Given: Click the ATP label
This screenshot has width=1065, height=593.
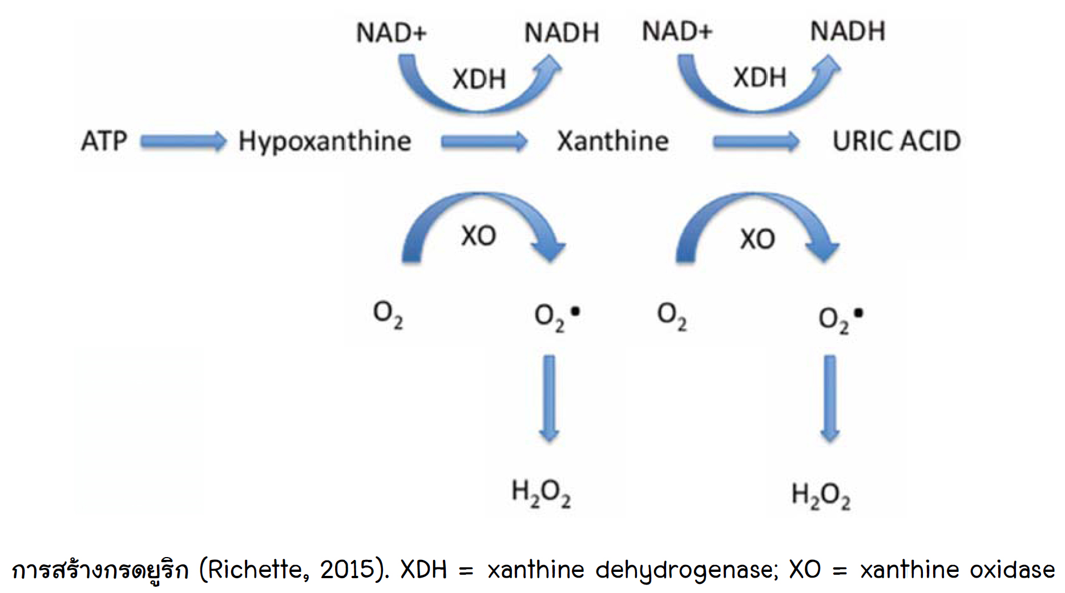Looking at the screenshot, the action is click(104, 141).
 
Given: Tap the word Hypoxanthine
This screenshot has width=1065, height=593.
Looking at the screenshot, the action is click(325, 142).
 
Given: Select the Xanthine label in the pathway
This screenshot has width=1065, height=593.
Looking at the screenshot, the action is click(613, 141).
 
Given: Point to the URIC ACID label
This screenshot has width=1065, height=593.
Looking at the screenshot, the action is click(897, 141).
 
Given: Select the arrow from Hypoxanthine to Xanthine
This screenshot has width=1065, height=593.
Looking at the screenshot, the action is click(485, 141).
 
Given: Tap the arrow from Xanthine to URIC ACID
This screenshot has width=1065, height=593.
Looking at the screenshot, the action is click(756, 141).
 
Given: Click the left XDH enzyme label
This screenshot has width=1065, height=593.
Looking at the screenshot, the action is click(479, 79).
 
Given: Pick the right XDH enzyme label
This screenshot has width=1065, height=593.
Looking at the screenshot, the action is click(760, 77).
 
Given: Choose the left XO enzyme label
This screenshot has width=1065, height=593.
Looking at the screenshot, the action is click(479, 236).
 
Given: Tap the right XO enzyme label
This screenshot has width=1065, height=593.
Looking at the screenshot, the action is click(757, 239).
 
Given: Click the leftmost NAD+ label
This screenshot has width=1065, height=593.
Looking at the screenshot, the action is click(392, 33).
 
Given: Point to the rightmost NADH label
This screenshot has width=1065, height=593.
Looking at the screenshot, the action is click(848, 31).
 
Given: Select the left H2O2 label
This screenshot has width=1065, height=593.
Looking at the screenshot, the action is click(541, 493).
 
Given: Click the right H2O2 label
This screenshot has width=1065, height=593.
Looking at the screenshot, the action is click(821, 495).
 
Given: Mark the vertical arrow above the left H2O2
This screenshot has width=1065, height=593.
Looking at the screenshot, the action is click(549, 399).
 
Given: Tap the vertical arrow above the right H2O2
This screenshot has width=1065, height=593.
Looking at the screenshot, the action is click(830, 399).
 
